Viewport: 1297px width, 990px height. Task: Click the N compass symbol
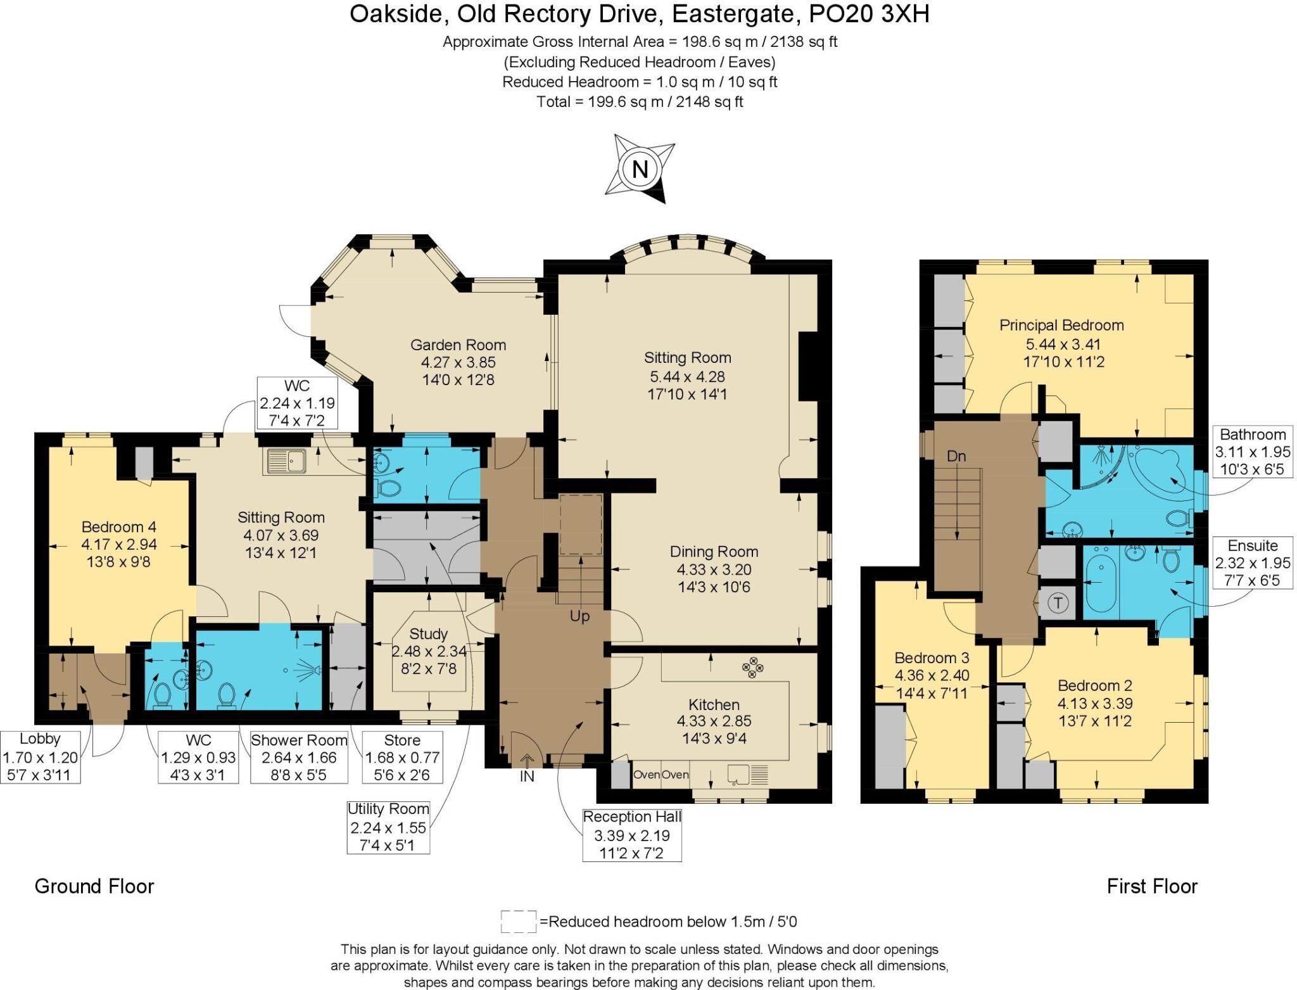click(640, 169)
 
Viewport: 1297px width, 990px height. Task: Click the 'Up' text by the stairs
click(579, 616)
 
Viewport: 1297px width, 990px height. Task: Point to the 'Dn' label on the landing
click(956, 456)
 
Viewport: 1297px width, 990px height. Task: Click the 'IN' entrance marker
click(527, 776)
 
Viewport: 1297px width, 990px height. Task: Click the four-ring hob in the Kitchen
click(753, 668)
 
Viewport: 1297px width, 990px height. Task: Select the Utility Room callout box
click(388, 827)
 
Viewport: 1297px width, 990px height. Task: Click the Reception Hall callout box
click(632, 835)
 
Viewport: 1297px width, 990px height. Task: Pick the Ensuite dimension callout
click(1252, 562)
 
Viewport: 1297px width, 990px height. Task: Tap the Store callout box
click(402, 758)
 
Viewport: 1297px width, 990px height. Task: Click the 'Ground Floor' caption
click(94, 886)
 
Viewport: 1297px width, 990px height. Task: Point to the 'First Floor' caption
click(1152, 886)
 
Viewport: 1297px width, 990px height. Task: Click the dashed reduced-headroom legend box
click(518, 921)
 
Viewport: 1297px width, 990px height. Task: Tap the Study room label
click(429, 634)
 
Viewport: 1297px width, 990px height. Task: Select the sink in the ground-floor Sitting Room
click(286, 461)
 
